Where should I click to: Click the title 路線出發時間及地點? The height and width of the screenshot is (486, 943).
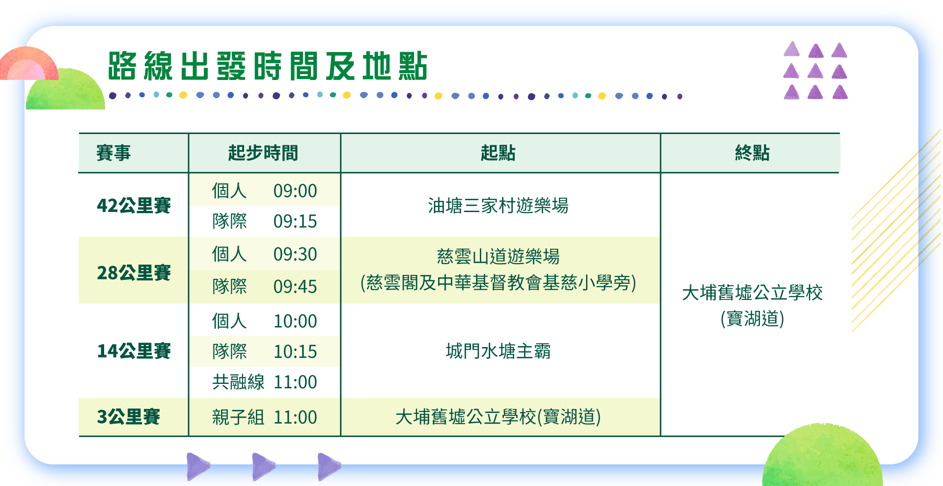pos(268,66)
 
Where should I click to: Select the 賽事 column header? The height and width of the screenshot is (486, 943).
pos(113,153)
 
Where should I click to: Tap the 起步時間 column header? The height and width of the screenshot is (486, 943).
pos(263,153)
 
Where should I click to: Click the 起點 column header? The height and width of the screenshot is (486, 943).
pos(498,153)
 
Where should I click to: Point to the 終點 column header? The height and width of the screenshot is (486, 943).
pos(752,153)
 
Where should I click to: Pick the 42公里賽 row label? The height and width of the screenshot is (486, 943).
pos(134,205)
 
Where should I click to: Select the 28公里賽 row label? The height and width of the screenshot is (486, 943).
pos(134,272)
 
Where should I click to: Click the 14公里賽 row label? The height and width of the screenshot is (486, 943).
pos(134,351)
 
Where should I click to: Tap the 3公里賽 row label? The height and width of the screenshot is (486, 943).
pos(128,417)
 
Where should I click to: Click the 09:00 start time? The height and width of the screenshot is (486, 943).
pos(295,191)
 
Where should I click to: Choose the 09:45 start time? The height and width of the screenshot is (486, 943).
pos(295,287)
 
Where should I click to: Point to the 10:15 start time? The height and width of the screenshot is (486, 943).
pos(295,351)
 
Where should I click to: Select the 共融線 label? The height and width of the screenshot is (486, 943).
pos(238,382)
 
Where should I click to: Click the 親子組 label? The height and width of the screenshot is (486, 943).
pos(238,417)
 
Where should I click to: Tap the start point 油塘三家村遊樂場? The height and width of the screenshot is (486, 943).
pos(498,206)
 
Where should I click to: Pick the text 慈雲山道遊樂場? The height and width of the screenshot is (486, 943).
pos(498,256)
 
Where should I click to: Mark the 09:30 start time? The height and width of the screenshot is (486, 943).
pos(295,254)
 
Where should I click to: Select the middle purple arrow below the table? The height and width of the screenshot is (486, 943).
pos(264,466)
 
